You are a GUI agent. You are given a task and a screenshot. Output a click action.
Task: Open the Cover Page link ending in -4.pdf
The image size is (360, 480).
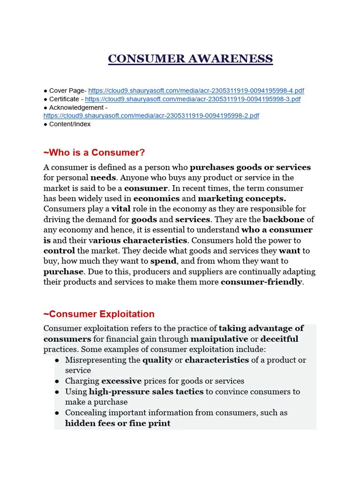click(x=196, y=90)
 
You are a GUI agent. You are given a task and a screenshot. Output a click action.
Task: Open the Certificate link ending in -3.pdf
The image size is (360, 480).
click(x=193, y=99)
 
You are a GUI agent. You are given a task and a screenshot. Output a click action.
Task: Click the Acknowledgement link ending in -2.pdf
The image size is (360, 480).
click(x=151, y=116)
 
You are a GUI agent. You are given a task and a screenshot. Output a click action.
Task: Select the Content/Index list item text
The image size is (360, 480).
click(x=70, y=124)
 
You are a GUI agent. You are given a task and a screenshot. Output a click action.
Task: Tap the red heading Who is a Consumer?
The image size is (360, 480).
click(x=94, y=152)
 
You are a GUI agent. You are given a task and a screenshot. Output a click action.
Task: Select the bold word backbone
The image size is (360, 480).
click(x=284, y=219)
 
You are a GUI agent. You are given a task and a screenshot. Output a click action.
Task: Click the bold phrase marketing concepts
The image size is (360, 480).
click(x=242, y=198)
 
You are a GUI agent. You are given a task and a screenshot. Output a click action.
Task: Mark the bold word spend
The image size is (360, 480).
click(x=163, y=261)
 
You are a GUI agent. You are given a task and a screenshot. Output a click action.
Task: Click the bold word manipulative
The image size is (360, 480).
click(x=219, y=338)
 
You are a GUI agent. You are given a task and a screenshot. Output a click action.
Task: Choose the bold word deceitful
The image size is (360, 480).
click(x=279, y=338)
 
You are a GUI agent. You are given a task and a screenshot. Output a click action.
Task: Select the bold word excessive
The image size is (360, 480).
click(x=121, y=381)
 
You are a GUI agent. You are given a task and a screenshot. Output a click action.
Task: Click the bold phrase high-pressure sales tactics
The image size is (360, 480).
click(x=146, y=391)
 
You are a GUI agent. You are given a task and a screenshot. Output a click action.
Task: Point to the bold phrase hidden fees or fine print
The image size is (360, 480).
click(x=118, y=423)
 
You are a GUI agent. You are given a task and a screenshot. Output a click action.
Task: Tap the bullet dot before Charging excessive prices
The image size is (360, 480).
click(x=57, y=381)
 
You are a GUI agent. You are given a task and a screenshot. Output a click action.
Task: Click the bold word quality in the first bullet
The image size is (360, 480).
click(x=157, y=360)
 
